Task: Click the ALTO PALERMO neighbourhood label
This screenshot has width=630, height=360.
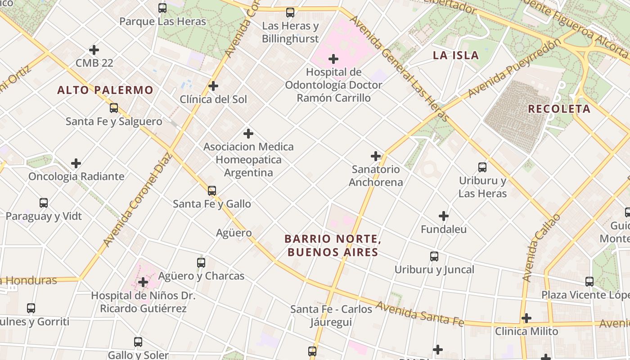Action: [105, 90]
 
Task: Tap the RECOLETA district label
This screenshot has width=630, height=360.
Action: [559, 109]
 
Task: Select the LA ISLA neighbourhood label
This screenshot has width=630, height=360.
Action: [455, 55]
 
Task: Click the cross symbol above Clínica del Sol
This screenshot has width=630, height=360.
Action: [213, 85]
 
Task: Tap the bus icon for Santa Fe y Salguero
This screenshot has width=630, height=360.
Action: [114, 108]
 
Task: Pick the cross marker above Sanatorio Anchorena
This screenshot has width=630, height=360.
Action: [376, 156]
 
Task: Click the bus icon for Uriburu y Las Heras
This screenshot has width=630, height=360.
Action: [482, 167]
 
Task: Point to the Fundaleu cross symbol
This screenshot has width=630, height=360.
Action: [444, 216]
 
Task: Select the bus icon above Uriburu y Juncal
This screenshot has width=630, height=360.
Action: [434, 256]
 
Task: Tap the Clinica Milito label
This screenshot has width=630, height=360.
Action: [526, 332]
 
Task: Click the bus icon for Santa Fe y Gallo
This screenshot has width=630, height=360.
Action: [212, 191]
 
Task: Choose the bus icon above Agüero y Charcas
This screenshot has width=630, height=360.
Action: [201, 262]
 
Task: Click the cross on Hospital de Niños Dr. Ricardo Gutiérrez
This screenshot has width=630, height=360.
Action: [143, 282]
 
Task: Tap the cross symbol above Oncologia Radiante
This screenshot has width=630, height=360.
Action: [76, 163]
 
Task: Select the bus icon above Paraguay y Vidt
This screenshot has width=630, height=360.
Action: [44, 203]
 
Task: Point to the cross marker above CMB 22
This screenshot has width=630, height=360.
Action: [94, 49]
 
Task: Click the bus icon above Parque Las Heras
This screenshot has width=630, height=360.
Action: [162, 8]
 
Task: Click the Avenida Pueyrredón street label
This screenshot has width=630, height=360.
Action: [514, 68]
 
